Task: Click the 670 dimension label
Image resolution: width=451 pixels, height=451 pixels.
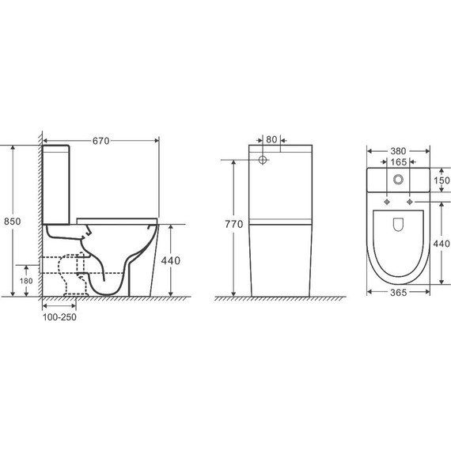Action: click(x=101, y=141)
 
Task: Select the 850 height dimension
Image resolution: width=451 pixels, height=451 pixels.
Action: click(x=12, y=222)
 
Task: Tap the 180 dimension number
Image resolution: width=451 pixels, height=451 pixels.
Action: click(x=26, y=281)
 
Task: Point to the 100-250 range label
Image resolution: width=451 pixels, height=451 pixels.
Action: click(x=59, y=317)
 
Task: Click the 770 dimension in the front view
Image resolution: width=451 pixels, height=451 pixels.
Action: click(x=234, y=224)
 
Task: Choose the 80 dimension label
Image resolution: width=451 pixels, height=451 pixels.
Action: click(x=271, y=139)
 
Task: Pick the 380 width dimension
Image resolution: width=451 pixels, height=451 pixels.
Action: click(x=398, y=151)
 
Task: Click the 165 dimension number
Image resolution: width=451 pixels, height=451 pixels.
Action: click(x=398, y=162)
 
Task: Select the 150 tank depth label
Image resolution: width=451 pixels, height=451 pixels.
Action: click(x=442, y=180)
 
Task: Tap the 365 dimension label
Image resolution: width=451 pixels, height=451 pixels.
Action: click(x=398, y=293)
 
